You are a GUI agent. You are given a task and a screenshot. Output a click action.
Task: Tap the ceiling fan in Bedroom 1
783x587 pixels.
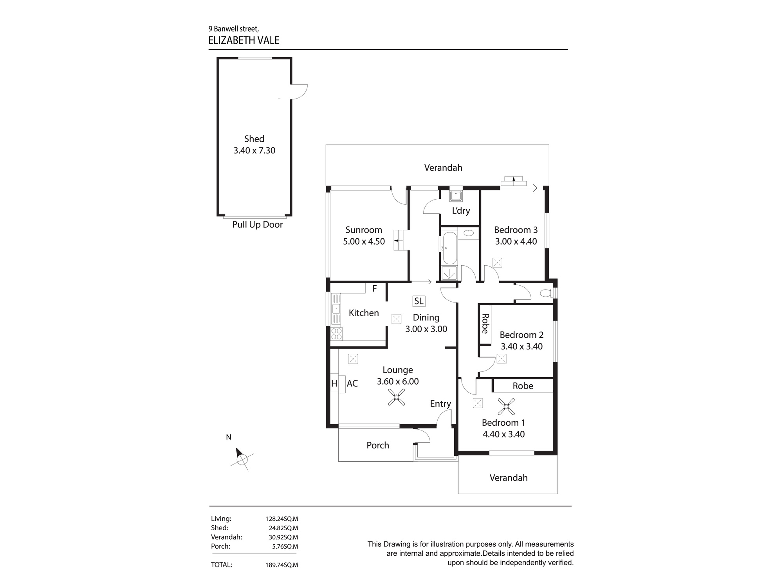pos(506,407)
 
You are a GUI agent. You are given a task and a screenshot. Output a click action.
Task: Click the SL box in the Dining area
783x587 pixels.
pos(419,301)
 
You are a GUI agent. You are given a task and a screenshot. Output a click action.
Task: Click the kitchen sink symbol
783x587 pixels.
pos(336,309)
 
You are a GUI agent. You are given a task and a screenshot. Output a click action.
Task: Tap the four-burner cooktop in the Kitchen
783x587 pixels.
pos(336,334)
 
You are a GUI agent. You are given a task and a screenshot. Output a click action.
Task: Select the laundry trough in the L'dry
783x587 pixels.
pos(456,196)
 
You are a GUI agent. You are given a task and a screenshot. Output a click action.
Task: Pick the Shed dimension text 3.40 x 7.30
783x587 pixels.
pos(254,151)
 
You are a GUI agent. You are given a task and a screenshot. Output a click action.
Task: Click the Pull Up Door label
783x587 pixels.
pos(257,225)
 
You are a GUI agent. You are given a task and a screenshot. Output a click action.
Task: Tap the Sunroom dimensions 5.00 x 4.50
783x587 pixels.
pos(364,241)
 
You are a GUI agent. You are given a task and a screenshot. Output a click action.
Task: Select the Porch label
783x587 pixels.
pos(377,445)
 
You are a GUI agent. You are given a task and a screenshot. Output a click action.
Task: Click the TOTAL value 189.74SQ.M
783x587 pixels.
pos(281,565)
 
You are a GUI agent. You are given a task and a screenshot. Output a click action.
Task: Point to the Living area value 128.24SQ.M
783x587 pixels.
pos(281,519)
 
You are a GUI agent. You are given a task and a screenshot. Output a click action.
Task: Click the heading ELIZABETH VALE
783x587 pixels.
pos(244,41)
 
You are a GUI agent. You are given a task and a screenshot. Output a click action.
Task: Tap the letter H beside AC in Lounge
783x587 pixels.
pos(334,384)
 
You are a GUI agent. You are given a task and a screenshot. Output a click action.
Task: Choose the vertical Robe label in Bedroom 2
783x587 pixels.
pos(485,324)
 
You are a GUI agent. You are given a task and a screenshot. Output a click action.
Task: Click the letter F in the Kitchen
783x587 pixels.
pos(374,289)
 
